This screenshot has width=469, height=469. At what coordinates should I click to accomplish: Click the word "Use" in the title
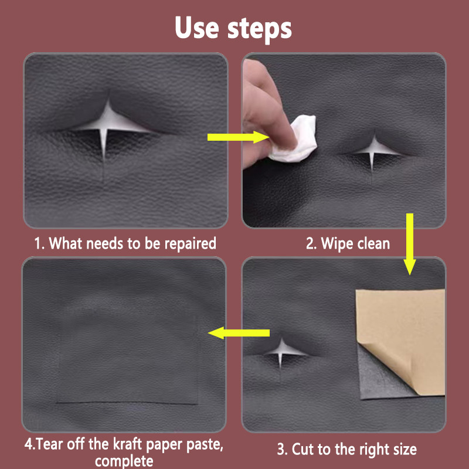click(196, 28)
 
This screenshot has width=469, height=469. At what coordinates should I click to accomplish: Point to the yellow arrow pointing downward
click(409, 244)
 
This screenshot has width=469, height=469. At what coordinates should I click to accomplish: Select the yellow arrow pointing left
click(239, 333)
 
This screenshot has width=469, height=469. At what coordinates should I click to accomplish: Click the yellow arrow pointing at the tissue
click(239, 137)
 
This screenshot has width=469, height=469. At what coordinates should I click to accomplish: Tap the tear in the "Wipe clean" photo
click(373, 152)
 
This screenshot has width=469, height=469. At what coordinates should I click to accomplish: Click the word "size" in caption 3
click(405, 449)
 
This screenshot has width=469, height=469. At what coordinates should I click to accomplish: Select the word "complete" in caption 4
click(124, 461)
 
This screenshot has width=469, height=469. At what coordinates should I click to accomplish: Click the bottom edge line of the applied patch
click(127, 403)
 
